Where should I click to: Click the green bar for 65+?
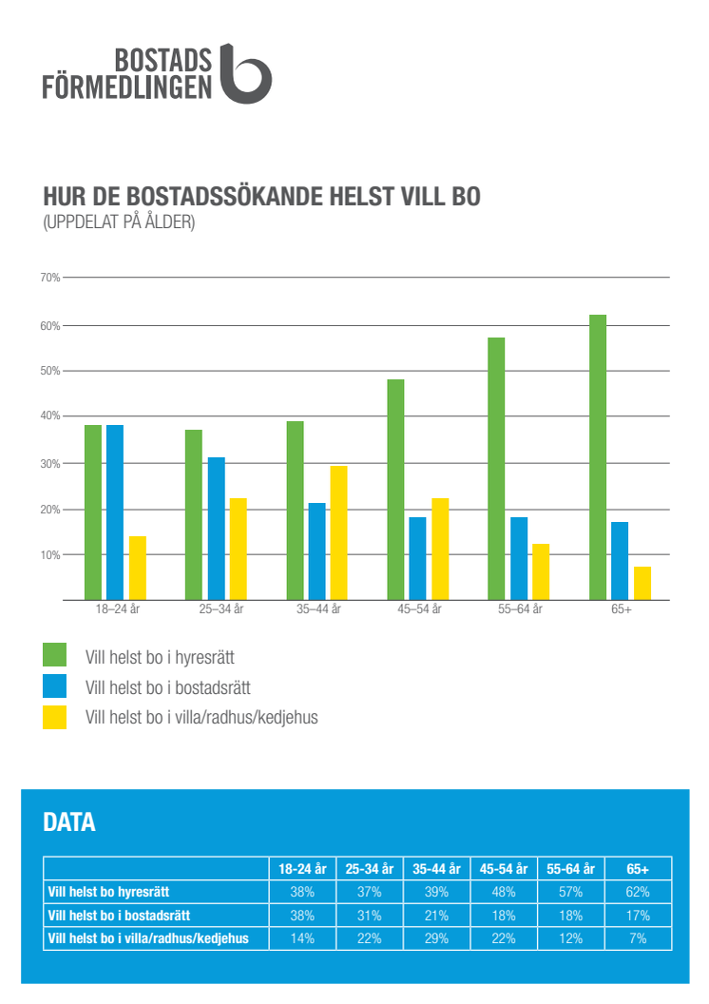pyautogui.click(x=598, y=457)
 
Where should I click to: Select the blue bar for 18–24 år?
pyautogui.click(x=115, y=512)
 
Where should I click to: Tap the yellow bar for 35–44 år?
pyautogui.click(x=338, y=532)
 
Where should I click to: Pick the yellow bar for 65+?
pyautogui.click(x=642, y=584)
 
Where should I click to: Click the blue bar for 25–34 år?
pyautogui.click(x=217, y=529)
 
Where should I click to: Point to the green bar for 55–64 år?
pyautogui.click(x=496, y=469)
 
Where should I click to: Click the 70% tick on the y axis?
pyautogui.click(x=50, y=278)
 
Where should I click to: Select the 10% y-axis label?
pyautogui.click(x=50, y=555)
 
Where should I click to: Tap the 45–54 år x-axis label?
pyautogui.click(x=419, y=608)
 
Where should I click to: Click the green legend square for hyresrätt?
pyautogui.click(x=54, y=654)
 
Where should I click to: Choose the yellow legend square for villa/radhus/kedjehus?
pyautogui.click(x=54, y=717)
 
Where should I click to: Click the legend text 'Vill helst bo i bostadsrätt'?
pyautogui.click(x=167, y=687)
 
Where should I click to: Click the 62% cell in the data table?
pyautogui.click(x=638, y=892)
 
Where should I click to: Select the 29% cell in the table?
pyautogui.click(x=436, y=938)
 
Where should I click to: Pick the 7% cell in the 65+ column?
pyautogui.click(x=638, y=938)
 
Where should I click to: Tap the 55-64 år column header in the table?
pyautogui.click(x=570, y=869)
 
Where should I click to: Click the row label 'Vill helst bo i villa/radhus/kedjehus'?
pyautogui.click(x=148, y=938)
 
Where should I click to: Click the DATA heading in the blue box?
pyautogui.click(x=69, y=822)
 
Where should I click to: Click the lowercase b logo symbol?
pyautogui.click(x=245, y=74)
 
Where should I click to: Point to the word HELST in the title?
pyautogui.click(x=362, y=197)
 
